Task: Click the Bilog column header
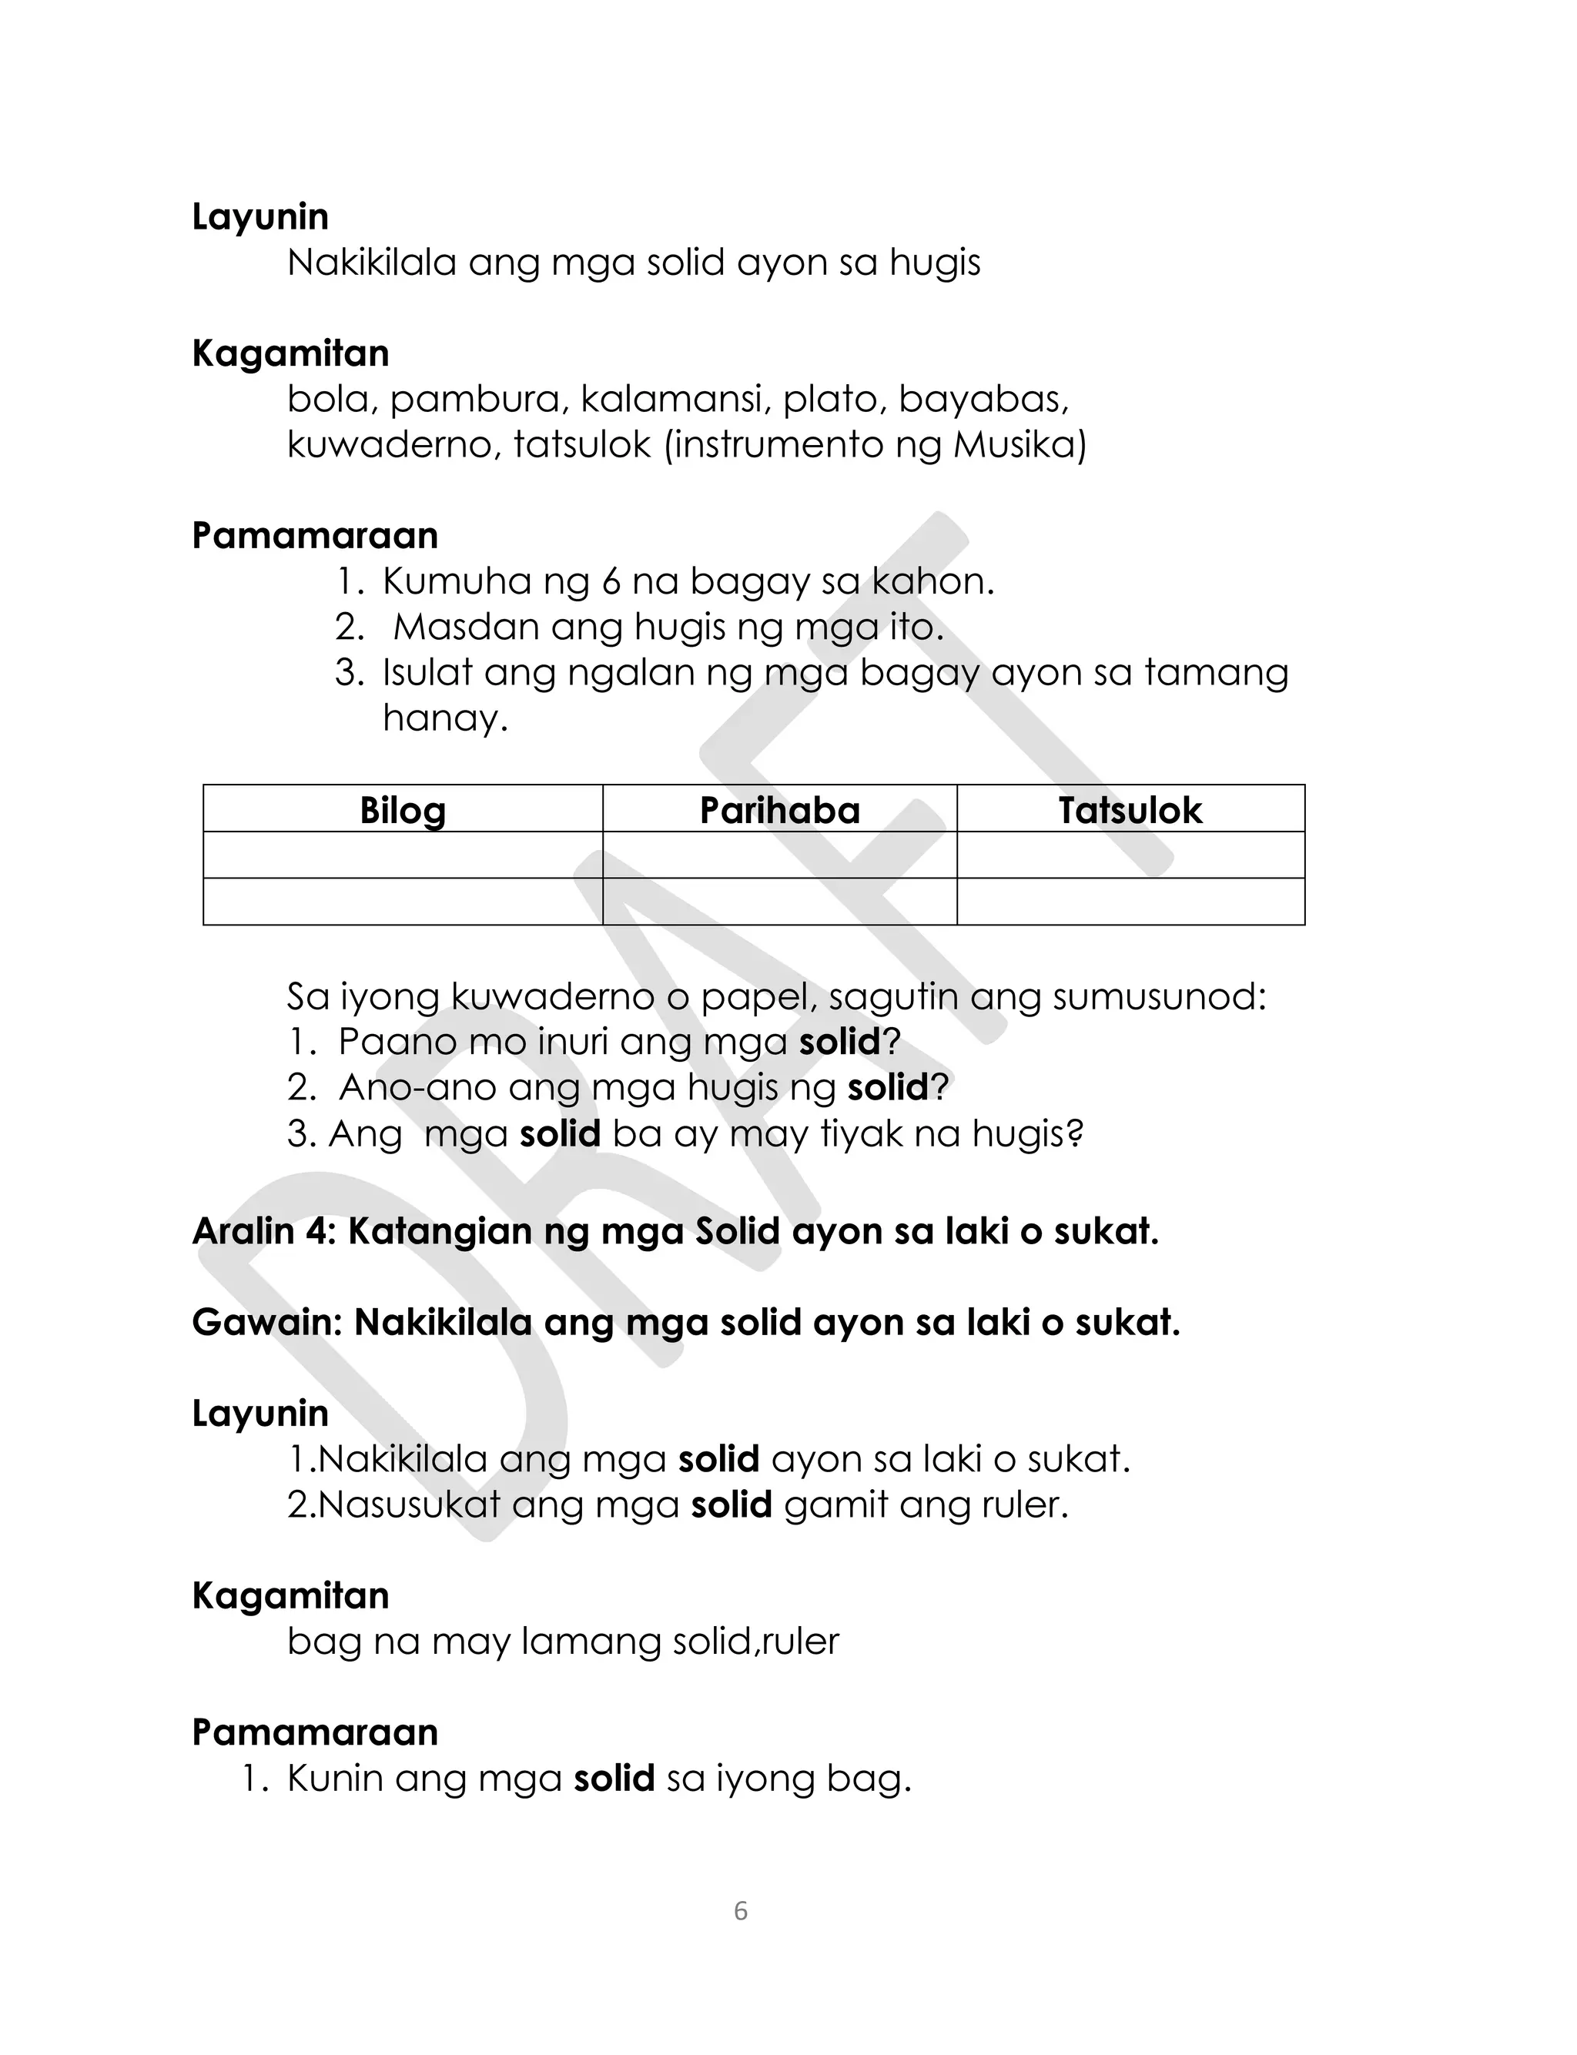pos(403,811)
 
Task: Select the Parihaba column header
pos(779,811)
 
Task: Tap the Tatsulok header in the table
pos(1130,811)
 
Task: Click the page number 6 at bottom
pos(741,1912)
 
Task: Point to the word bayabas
pos(983,400)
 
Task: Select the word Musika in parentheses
pos(1015,445)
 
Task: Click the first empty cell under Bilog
pos(403,855)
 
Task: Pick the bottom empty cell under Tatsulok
pos(1130,902)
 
